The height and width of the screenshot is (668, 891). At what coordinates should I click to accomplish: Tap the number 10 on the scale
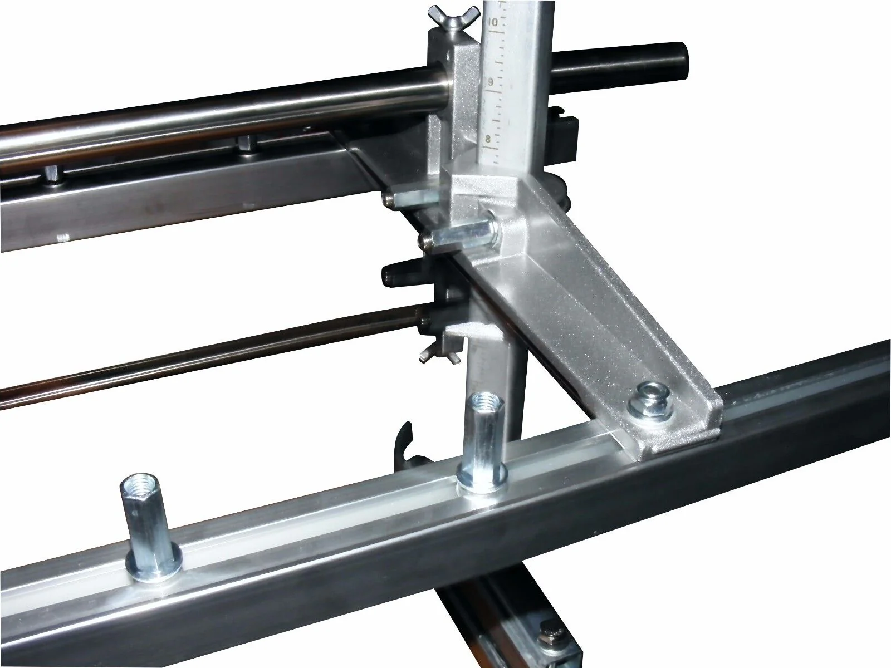tap(493, 22)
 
